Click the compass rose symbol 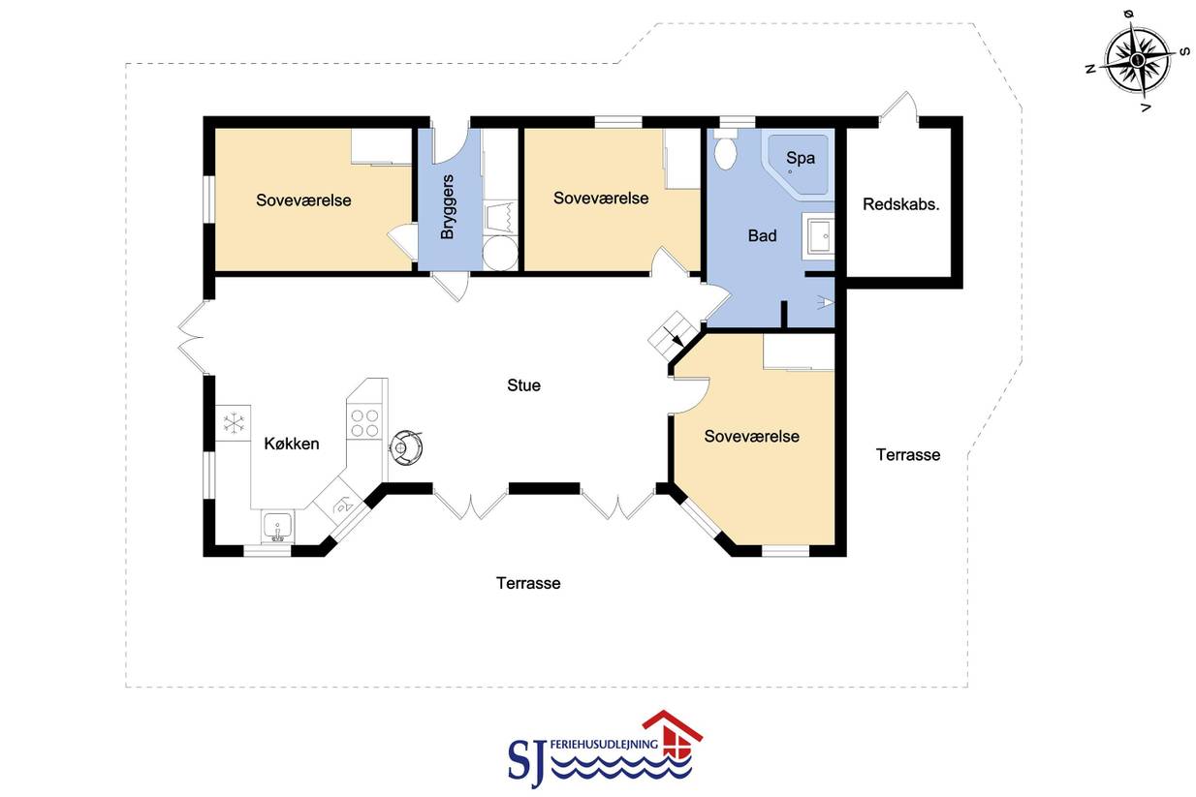pos(1137,60)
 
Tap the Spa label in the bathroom pos(801,158)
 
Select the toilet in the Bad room pos(726,150)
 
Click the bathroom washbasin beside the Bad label pos(819,235)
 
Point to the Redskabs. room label pos(900,204)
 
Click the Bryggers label pos(448,207)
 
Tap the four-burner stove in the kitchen pos(364,422)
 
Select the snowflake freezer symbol pos(234,423)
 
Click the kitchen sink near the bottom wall pos(277,527)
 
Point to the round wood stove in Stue pos(406,447)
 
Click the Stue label pos(523,385)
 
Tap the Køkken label pos(292,444)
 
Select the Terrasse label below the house pos(528,583)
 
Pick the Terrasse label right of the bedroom pos(908,455)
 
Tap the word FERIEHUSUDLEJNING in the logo pos(604,744)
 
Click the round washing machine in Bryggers pos(500,253)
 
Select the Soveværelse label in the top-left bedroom pos(303,200)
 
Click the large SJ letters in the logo pos(527,763)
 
